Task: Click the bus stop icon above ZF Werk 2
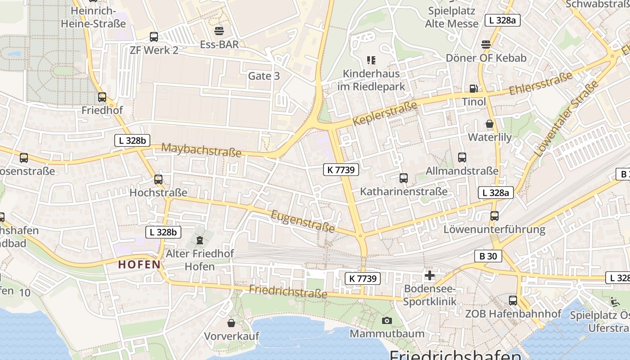pos(154,37)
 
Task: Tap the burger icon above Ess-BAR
pos(219,31)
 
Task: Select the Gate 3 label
pos(264,76)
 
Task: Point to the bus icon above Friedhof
pos(102,97)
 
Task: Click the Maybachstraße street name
pos(201,150)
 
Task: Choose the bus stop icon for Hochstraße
pos(158,179)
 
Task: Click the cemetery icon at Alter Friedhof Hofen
pos(200,240)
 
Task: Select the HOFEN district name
pos(139,264)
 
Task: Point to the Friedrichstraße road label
pos(288,292)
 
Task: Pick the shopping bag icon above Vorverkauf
pos(231,323)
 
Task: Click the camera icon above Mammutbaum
pos(387,320)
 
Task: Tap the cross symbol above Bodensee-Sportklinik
pos(430,275)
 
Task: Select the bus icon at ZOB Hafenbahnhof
pos(513,300)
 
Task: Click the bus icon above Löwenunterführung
pos(495,216)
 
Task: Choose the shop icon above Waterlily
pos(490,124)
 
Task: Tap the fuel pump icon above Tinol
pos(473,89)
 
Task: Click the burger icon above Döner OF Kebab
pos(486,45)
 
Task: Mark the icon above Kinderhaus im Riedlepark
pos(371,60)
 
